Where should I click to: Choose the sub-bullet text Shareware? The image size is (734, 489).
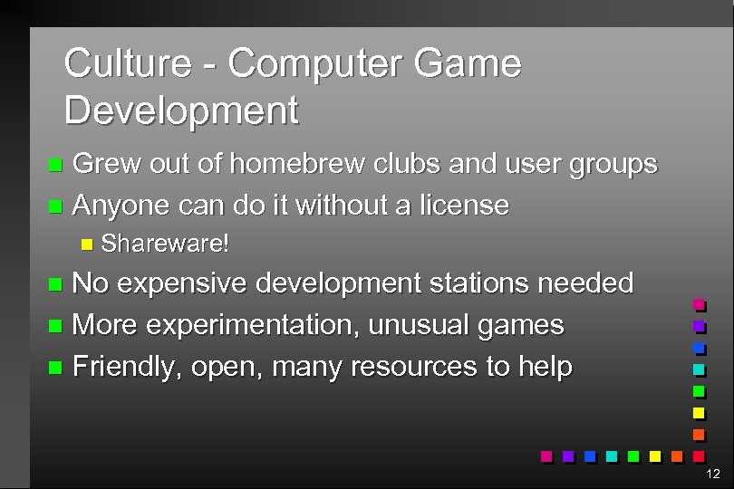[166, 244]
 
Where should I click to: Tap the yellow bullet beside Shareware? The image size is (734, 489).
[87, 244]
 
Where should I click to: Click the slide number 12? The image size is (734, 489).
[712, 474]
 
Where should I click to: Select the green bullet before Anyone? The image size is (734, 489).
[56, 206]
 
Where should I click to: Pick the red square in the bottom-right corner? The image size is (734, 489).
[699, 455]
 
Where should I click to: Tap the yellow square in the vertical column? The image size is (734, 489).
[699, 413]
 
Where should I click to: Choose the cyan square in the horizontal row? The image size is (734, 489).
[613, 455]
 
